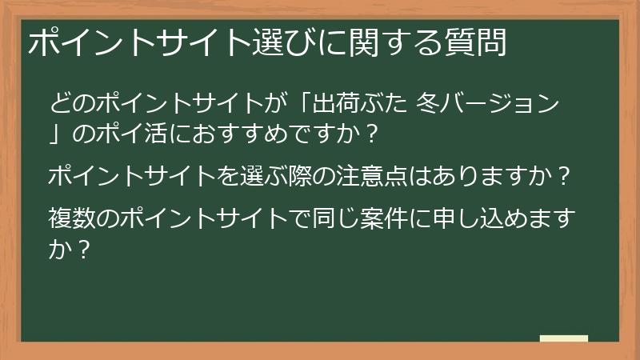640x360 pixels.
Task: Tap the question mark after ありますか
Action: (x=565, y=176)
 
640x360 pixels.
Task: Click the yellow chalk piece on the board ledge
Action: (x=564, y=338)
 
